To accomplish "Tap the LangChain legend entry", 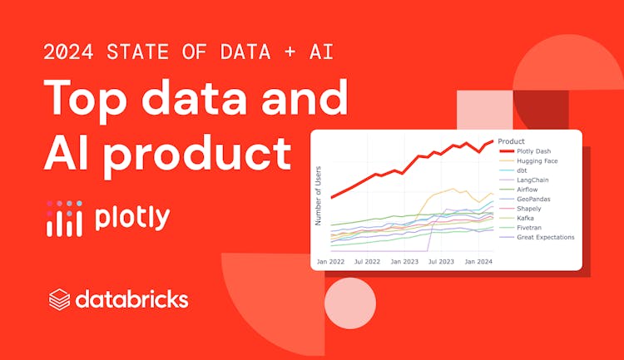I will (532, 180).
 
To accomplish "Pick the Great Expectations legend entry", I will (546, 237).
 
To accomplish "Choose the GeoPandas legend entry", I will (533, 199).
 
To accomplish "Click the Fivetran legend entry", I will (530, 227).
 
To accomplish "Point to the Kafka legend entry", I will (526, 218).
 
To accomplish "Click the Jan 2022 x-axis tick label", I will (331, 262).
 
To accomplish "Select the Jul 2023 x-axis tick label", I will (441, 262).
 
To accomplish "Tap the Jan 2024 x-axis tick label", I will (479, 262).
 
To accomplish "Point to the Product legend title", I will (511, 141).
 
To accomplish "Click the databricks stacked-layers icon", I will (59, 299).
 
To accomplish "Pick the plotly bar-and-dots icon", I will (64, 218).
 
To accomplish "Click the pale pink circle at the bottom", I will (350, 303).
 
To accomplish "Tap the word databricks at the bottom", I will (131, 299).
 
